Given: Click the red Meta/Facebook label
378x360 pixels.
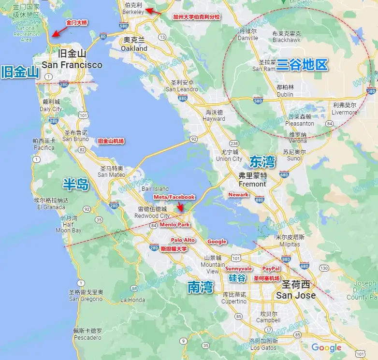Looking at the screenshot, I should [x=174, y=197].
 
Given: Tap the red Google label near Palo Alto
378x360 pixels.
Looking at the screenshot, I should [x=217, y=241].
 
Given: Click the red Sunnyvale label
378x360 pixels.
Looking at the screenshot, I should [x=239, y=268].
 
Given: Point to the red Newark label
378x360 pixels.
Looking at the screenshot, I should [x=238, y=195].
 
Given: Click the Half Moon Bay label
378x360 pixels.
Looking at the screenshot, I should [x=69, y=224].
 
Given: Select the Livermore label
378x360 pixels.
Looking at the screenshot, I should [x=345, y=109].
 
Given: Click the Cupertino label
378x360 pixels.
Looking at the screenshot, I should [x=234, y=298].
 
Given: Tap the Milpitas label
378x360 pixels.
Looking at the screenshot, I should [x=290, y=241].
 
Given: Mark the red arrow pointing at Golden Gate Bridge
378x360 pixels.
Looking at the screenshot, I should [x=59, y=33].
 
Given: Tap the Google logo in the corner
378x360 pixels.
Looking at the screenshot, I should [x=326, y=347].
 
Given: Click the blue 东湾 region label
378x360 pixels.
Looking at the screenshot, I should [x=262, y=161].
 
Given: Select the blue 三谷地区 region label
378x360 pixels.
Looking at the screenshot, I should [x=302, y=65].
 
